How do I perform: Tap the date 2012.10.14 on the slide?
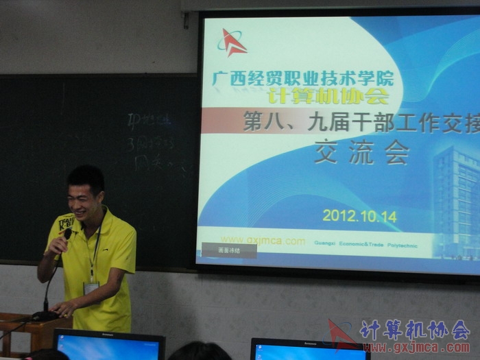click(x=359, y=215)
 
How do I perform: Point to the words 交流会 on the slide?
click(x=361, y=152)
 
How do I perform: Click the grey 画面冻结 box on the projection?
click(x=229, y=250)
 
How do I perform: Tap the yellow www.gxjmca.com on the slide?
click(x=263, y=241)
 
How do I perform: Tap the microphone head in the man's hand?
click(x=67, y=235)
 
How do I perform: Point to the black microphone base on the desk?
click(x=45, y=316)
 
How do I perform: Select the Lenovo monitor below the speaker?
click(x=109, y=345)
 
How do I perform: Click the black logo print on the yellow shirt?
click(x=67, y=223)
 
